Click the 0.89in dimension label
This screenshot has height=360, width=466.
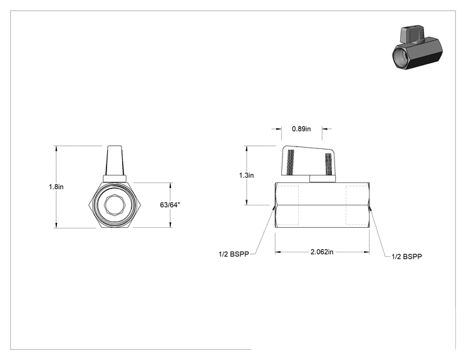point(301,129)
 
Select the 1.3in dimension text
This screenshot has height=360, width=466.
point(246,175)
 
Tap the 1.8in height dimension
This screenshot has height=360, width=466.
point(56,187)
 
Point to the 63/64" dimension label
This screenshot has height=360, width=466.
point(170,205)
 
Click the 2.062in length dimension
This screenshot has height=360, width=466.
point(322,252)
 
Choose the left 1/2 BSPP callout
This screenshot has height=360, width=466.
point(234,254)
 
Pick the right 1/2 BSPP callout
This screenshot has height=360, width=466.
point(406,257)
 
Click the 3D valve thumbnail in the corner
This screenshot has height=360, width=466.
point(417,48)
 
